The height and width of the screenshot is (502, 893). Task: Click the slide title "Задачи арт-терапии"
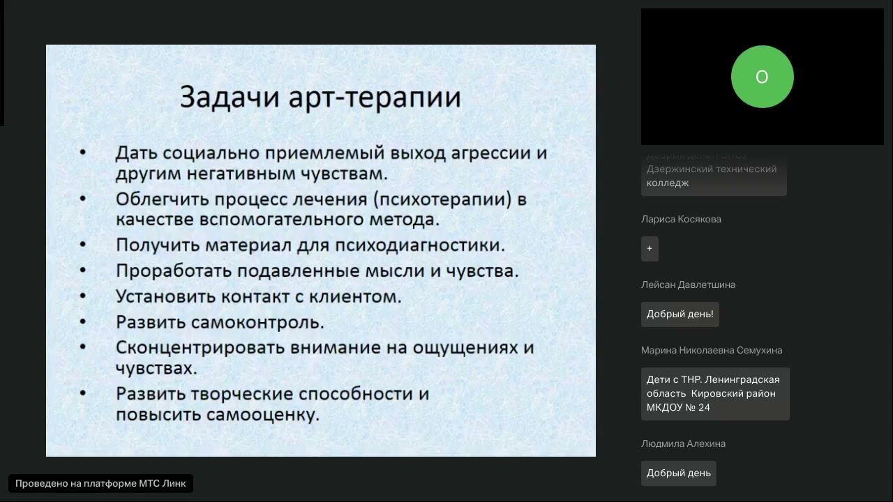(x=320, y=97)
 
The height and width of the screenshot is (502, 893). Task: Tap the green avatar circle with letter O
(x=762, y=77)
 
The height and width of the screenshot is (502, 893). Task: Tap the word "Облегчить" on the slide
(x=162, y=199)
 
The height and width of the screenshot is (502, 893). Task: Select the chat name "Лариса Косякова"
(x=681, y=219)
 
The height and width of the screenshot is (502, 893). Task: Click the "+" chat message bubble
(x=650, y=248)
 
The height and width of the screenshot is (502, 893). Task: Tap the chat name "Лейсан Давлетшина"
(x=688, y=284)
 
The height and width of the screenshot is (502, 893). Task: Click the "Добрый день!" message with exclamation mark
(x=680, y=314)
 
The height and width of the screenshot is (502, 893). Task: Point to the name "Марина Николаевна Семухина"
(x=712, y=350)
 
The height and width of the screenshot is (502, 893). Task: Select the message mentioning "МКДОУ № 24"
(x=714, y=393)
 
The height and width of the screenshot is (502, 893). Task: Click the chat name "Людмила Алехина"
(x=683, y=443)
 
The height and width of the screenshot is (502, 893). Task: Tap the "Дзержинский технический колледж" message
(x=713, y=176)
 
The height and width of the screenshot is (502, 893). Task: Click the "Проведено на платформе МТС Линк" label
(x=100, y=483)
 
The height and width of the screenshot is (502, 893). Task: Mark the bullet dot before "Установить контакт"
(x=83, y=296)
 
